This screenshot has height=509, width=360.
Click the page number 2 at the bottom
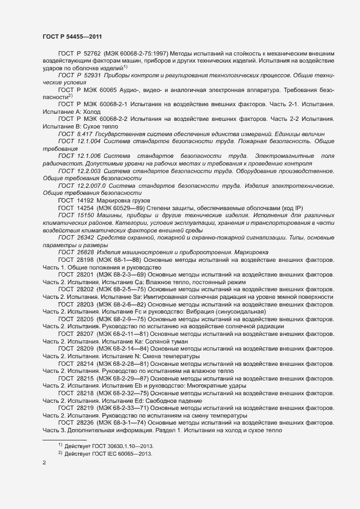(44, 463)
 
